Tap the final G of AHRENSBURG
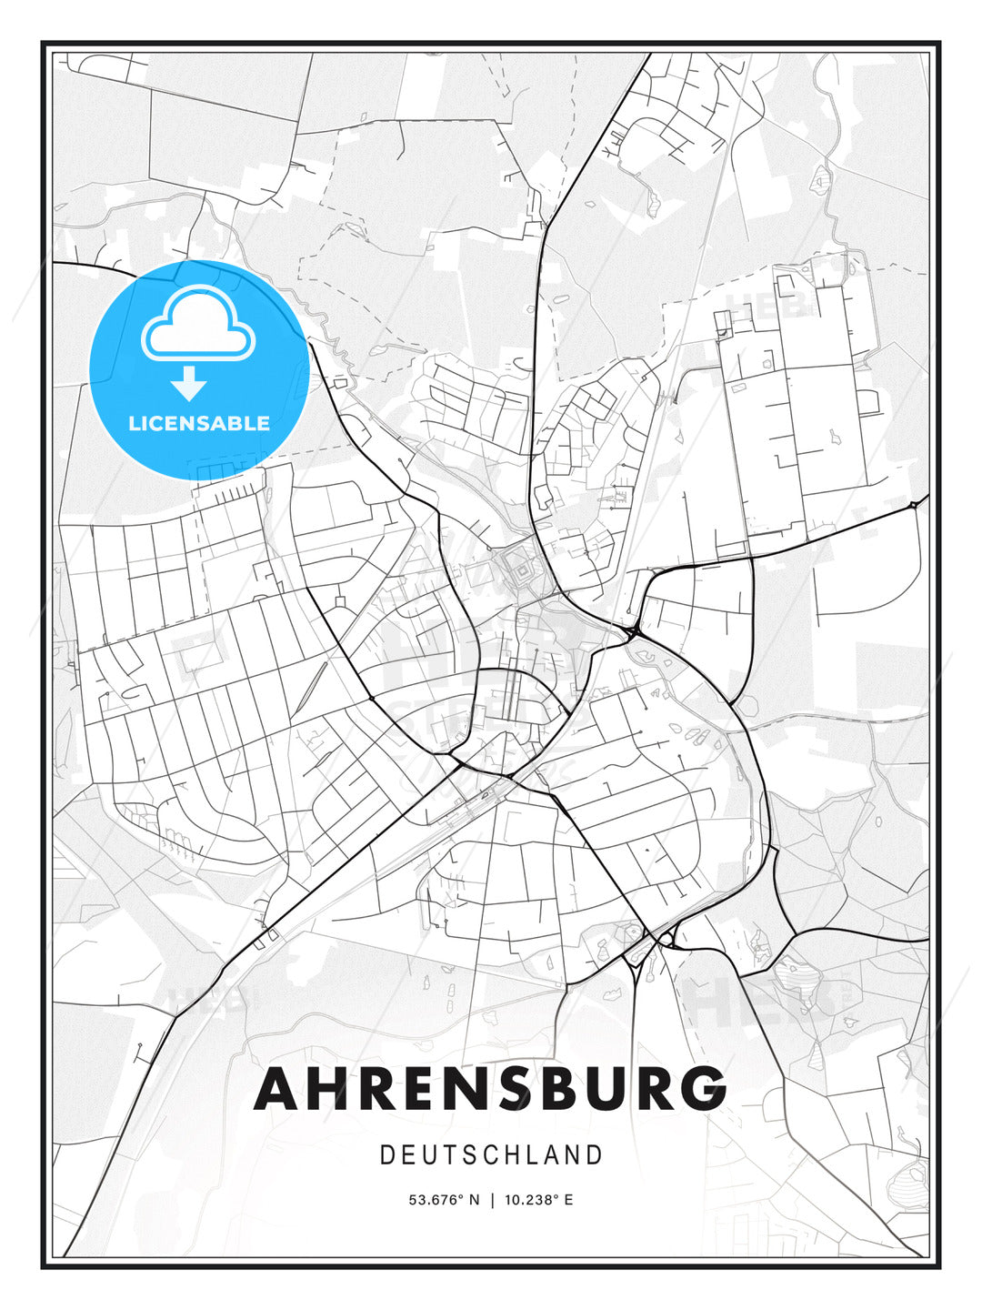[x=700, y=1088]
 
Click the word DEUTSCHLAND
[x=491, y=1155]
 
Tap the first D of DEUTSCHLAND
[x=386, y=1155]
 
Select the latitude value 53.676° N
[x=444, y=1200]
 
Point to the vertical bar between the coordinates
[x=492, y=1200]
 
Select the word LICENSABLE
[x=198, y=423]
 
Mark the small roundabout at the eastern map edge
[x=913, y=504]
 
